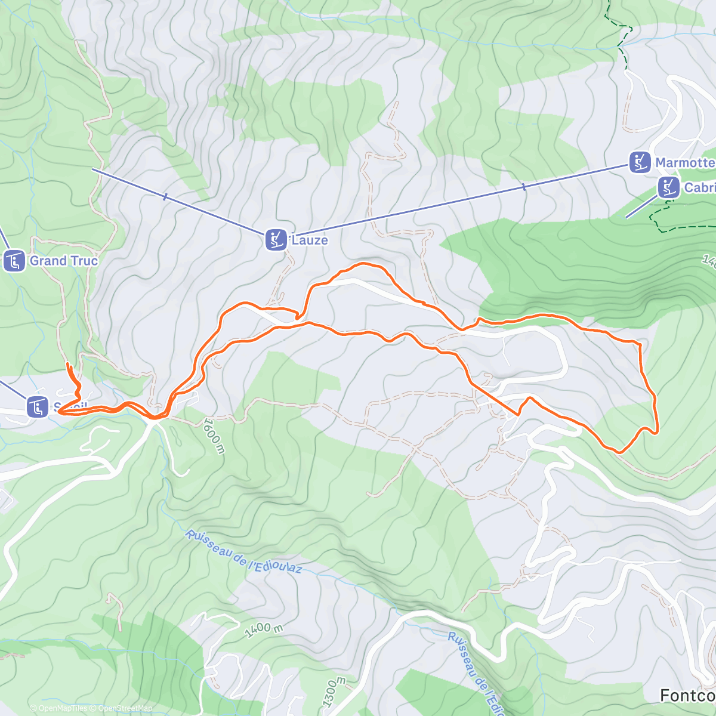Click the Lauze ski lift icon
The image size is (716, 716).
[276, 240]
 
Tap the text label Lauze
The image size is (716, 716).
[309, 240]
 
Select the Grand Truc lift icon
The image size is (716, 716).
[14, 261]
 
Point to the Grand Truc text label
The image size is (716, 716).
[63, 261]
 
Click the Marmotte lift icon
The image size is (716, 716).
[640, 162]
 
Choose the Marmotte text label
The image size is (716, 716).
[685, 162]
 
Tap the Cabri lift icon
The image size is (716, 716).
[668, 187]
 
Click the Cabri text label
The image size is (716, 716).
[699, 187]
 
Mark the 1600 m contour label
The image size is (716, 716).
[213, 436]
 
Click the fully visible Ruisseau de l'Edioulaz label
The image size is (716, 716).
[243, 551]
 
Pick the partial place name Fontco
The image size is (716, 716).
[687, 695]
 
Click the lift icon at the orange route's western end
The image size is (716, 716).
[38, 408]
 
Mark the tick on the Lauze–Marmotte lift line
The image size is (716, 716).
[524, 187]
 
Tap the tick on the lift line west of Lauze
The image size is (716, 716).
[165, 196]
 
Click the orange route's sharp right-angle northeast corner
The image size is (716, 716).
[640, 343]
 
